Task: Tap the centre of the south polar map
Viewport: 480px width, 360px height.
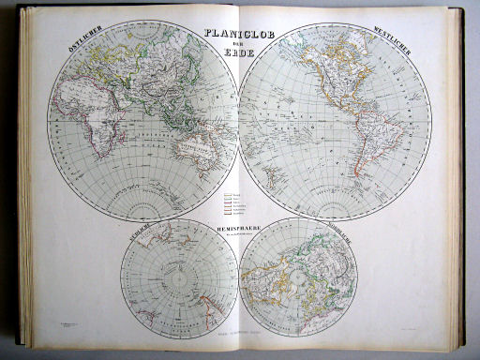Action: point(178,277)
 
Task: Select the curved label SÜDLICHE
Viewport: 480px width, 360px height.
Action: point(130,234)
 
